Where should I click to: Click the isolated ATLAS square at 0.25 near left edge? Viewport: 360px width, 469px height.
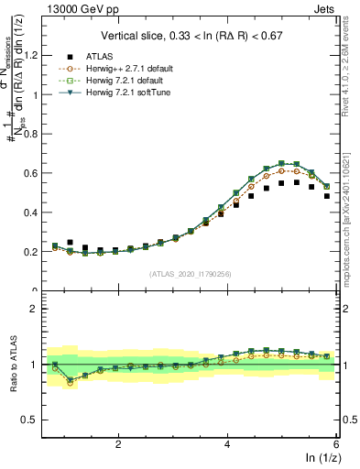tap(71, 243)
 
